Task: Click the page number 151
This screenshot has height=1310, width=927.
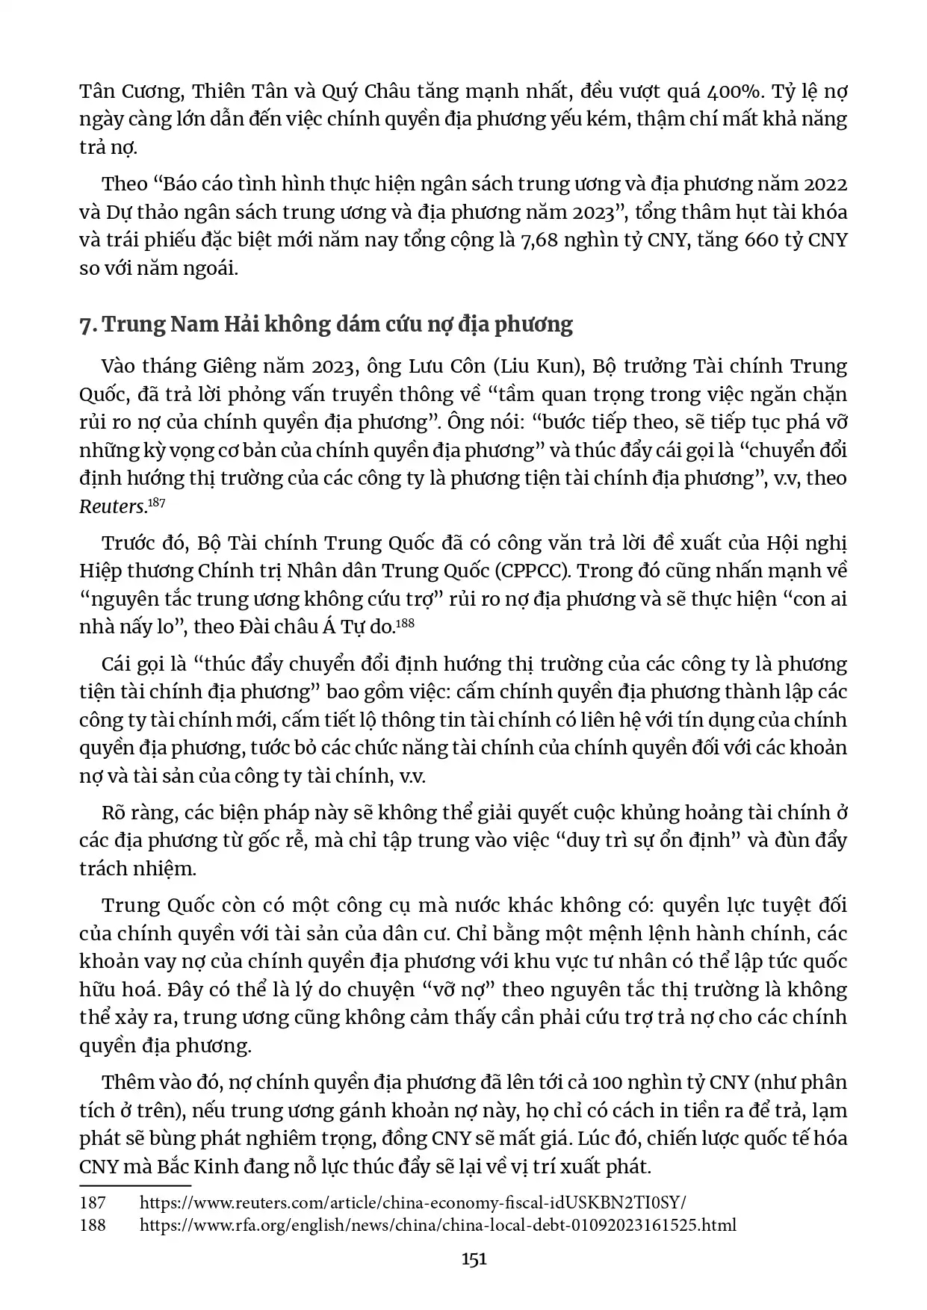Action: point(474,1258)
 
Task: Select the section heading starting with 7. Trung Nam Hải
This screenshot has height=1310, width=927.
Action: point(326,325)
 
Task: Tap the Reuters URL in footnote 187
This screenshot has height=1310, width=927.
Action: point(412,1203)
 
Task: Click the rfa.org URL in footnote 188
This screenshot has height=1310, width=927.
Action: point(438,1225)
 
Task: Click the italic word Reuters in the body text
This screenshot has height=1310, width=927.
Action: point(111,507)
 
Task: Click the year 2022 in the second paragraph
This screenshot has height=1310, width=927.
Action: point(822,184)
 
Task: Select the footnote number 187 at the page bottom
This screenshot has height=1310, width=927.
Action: point(93,1203)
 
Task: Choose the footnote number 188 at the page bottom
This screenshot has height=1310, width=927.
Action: point(93,1225)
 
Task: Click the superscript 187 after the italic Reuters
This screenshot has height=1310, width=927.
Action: point(156,503)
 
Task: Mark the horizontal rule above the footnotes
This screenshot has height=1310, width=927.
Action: point(135,1185)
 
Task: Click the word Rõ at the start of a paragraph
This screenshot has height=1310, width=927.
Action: point(114,813)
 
